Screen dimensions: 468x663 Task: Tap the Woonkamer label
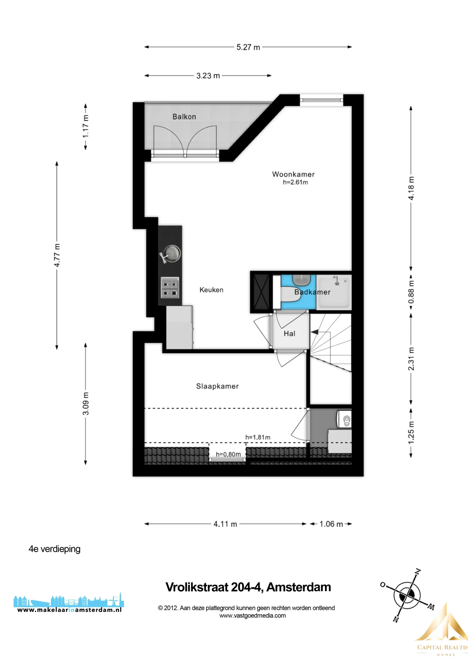pos(293,174)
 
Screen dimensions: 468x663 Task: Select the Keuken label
pos(211,290)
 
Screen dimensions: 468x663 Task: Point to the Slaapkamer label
pos(217,386)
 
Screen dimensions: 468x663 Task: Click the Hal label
pos(290,334)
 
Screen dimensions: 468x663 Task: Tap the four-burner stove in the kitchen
pos(170,288)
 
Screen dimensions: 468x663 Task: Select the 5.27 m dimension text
pos(248,47)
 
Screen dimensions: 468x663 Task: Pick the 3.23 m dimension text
pos(208,76)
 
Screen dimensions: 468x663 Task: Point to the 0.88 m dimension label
pos(411,292)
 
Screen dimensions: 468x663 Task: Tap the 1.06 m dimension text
pos(331,524)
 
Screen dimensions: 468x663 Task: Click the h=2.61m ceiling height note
pos(295,182)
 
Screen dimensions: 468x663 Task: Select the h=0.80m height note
pos(228,454)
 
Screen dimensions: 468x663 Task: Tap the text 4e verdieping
pos(55,549)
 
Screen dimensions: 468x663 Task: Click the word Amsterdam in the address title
pos(299,587)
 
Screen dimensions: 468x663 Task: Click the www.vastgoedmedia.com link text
pos(253,615)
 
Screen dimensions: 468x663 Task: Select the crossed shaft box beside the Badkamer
pos(261,292)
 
